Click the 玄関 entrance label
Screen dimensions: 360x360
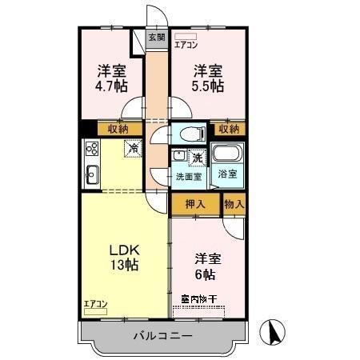(x=156, y=37)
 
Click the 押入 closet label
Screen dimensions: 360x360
(x=195, y=203)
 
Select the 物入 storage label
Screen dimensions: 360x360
(x=234, y=203)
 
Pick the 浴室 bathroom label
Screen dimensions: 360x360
(x=227, y=174)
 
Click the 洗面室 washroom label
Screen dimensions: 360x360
(x=189, y=176)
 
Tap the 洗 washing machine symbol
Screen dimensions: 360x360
(x=195, y=158)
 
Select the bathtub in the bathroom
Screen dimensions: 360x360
(x=228, y=154)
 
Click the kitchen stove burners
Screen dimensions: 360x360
(x=91, y=148)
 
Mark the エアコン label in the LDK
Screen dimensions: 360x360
(x=95, y=303)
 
